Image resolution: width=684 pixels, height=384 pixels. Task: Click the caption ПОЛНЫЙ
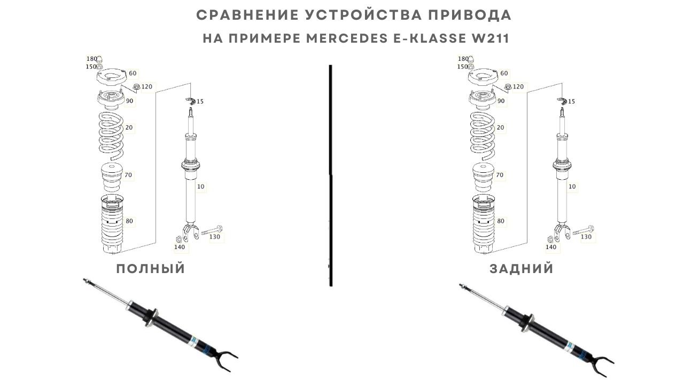pyautogui.click(x=151, y=269)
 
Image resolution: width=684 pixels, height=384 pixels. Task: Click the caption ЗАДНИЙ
pyautogui.click(x=522, y=269)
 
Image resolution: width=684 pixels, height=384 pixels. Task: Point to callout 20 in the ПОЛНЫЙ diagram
pyautogui.click(x=129, y=127)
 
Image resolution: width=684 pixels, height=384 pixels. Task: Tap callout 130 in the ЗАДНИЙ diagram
pyautogui.click(x=586, y=237)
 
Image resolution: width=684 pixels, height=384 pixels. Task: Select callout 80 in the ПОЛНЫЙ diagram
pyautogui.click(x=129, y=221)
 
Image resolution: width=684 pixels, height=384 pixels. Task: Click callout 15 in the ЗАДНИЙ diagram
pyautogui.click(x=571, y=101)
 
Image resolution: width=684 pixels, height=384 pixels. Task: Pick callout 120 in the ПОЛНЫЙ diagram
pyautogui.click(x=146, y=86)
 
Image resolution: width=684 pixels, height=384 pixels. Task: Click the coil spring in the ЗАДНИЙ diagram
pyautogui.click(x=485, y=135)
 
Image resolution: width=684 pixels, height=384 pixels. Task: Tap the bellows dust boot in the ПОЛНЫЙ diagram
pyautogui.click(x=113, y=224)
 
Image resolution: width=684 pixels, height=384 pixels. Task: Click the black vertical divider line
pyautogui.click(x=331, y=176)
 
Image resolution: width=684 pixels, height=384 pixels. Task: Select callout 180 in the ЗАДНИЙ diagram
pyautogui.click(x=463, y=59)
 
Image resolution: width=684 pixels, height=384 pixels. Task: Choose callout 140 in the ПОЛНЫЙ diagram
pyautogui.click(x=179, y=247)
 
